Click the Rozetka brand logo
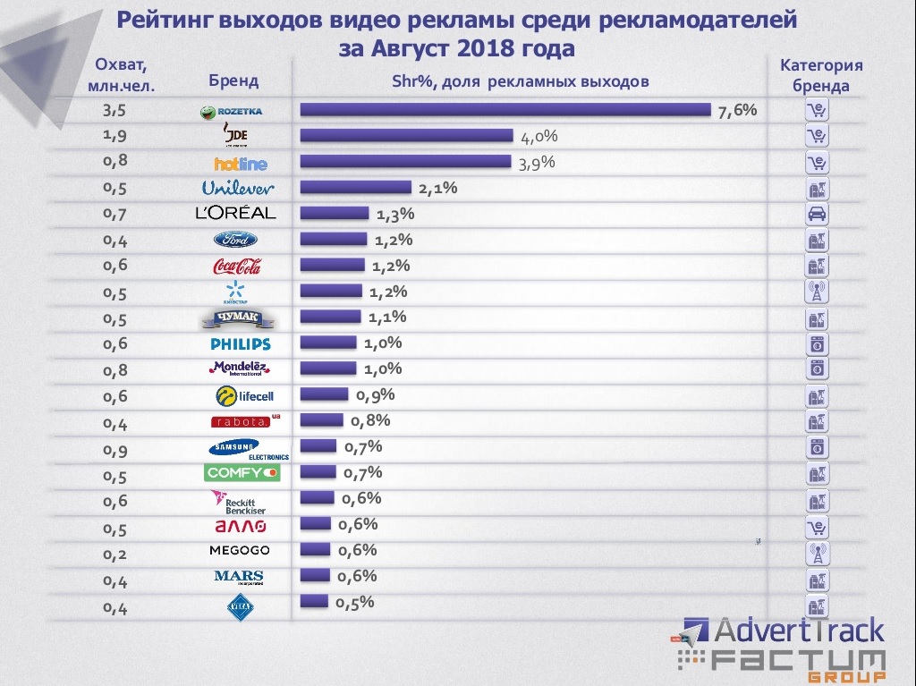pyautogui.click(x=231, y=112)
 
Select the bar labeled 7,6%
pyautogui.click(x=505, y=110)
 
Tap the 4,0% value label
pyautogui.click(x=539, y=137)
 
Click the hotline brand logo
pyautogui.click(x=240, y=164)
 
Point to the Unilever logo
pyautogui.click(x=238, y=188)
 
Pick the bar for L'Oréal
pyautogui.click(x=334, y=213)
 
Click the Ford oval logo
pyautogui.click(x=235, y=240)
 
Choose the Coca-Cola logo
pyautogui.click(x=237, y=266)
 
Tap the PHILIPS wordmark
pyautogui.click(x=240, y=343)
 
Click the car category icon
pyautogui.click(x=817, y=214)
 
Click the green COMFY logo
pyautogui.click(x=242, y=472)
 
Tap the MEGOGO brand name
pyautogui.click(x=239, y=550)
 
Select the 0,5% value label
pyautogui.click(x=354, y=602)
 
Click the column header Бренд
pyautogui.click(x=233, y=81)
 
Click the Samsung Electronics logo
pyautogui.click(x=246, y=448)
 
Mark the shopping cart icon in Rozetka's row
pyautogui.click(x=817, y=111)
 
